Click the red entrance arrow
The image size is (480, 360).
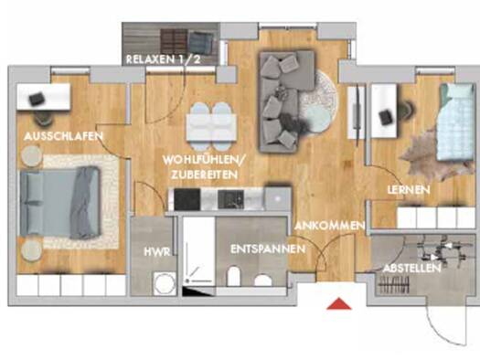[x=339, y=304]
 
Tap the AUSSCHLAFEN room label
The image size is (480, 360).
[x=63, y=136]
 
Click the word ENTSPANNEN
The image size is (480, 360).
[x=268, y=249]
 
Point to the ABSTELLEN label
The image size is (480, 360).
[x=412, y=269]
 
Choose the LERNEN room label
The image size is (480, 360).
[x=409, y=190]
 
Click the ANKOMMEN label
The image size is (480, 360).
[x=330, y=226]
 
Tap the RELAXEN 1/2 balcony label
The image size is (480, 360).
[x=163, y=59]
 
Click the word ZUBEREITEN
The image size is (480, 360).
[x=204, y=175]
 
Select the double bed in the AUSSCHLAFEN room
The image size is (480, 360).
[x=60, y=203]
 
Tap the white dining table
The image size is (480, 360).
[x=211, y=127]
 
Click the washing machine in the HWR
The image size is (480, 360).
[x=165, y=284]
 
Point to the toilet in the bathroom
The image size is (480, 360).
[x=234, y=277]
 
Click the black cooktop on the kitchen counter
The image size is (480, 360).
[x=187, y=199]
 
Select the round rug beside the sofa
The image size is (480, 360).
[x=318, y=101]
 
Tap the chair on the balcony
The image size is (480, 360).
[x=201, y=43]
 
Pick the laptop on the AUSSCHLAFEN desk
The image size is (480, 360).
[x=37, y=99]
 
